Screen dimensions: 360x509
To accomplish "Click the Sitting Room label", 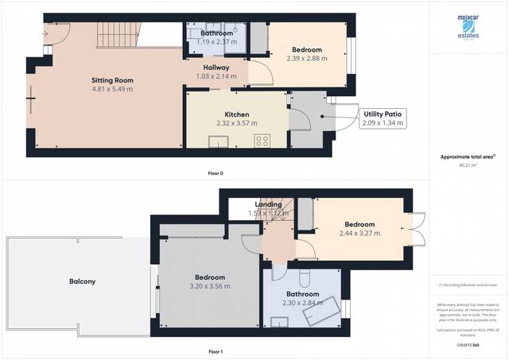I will (x=111, y=80).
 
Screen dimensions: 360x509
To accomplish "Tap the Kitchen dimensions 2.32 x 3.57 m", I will (x=238, y=123).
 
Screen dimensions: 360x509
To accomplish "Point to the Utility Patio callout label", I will (x=383, y=114).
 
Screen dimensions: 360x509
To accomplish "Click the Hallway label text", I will (x=216, y=68).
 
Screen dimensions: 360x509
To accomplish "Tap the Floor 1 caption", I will (x=216, y=350).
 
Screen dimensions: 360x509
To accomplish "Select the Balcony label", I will (x=82, y=281).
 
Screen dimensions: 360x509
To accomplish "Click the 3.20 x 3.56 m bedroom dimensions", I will (x=207, y=286).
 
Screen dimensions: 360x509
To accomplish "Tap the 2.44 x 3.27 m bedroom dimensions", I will (x=359, y=233).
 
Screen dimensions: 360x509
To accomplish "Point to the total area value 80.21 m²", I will (x=468, y=165).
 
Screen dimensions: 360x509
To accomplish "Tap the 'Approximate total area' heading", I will (x=468, y=157).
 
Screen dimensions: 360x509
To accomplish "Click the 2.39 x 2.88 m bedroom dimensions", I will (x=306, y=58).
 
